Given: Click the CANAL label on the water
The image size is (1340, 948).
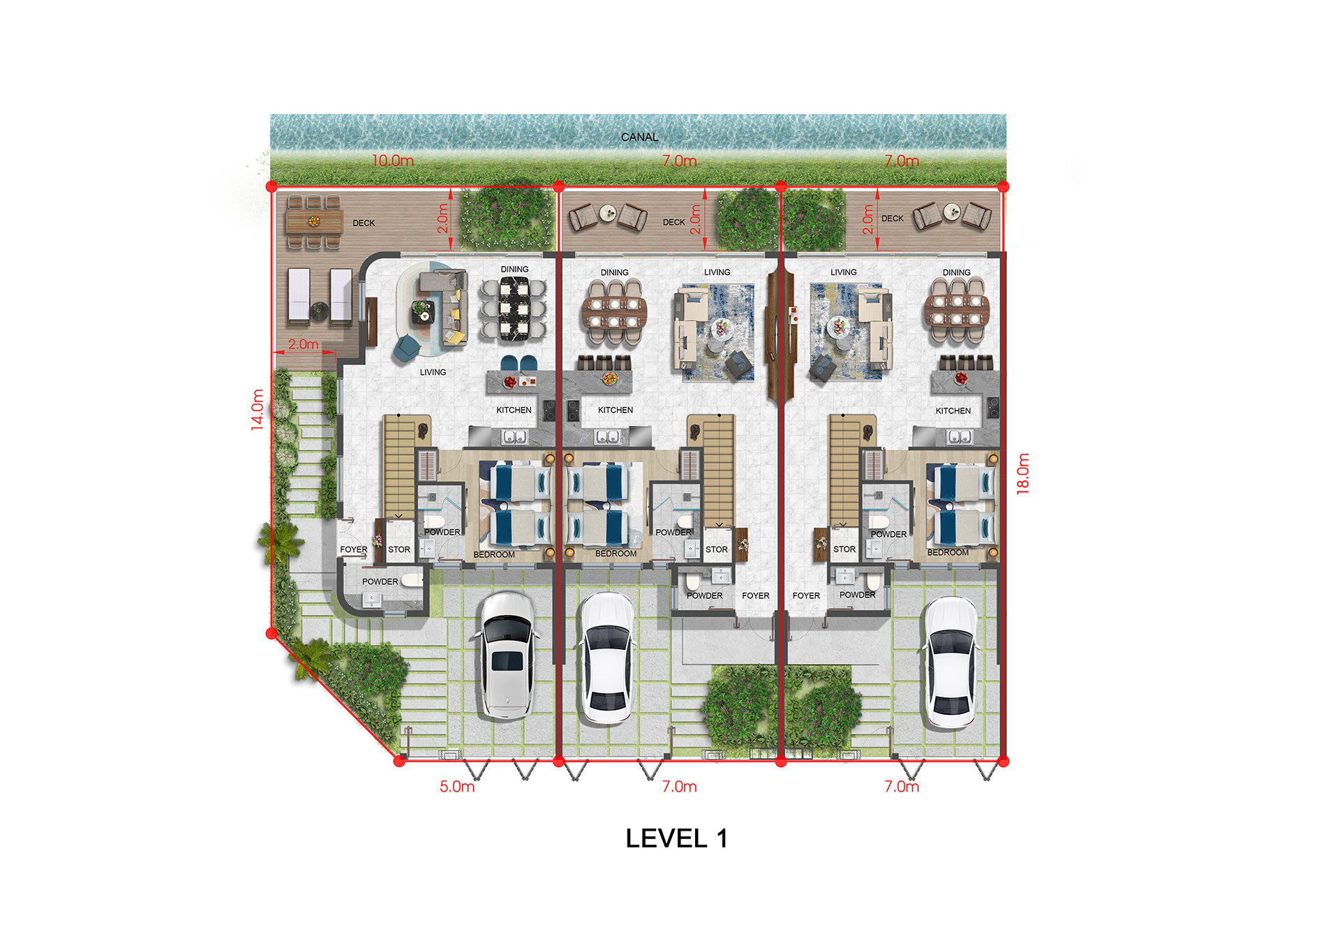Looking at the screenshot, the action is pyautogui.click(x=639, y=138).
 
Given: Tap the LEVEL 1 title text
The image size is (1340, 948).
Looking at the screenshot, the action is pyautogui.click(x=676, y=838).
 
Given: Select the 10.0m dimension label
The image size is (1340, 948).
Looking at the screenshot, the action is pyautogui.click(x=393, y=161).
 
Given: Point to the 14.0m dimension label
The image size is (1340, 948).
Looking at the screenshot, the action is pyautogui.click(x=258, y=409).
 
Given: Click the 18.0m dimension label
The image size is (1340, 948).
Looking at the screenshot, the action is pyautogui.click(x=1023, y=473).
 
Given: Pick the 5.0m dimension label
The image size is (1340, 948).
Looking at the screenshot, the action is pyautogui.click(x=457, y=787).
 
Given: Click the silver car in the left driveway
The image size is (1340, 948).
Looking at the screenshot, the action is pyautogui.click(x=507, y=656).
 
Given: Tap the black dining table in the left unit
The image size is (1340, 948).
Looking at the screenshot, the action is pyautogui.click(x=514, y=309).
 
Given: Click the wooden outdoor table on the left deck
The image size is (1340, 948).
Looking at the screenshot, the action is pyautogui.click(x=314, y=222).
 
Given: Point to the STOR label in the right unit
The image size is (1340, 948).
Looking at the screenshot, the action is pyautogui.click(x=844, y=549).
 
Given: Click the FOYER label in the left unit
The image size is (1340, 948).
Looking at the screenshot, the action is pyautogui.click(x=354, y=549).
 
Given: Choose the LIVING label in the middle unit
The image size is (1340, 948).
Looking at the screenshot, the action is pyautogui.click(x=717, y=272).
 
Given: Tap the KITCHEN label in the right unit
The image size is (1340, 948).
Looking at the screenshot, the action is pyautogui.click(x=953, y=411).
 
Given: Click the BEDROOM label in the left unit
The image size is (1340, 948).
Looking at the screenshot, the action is pyautogui.click(x=494, y=555).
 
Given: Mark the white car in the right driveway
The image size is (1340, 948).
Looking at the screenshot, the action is pyautogui.click(x=952, y=662).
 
